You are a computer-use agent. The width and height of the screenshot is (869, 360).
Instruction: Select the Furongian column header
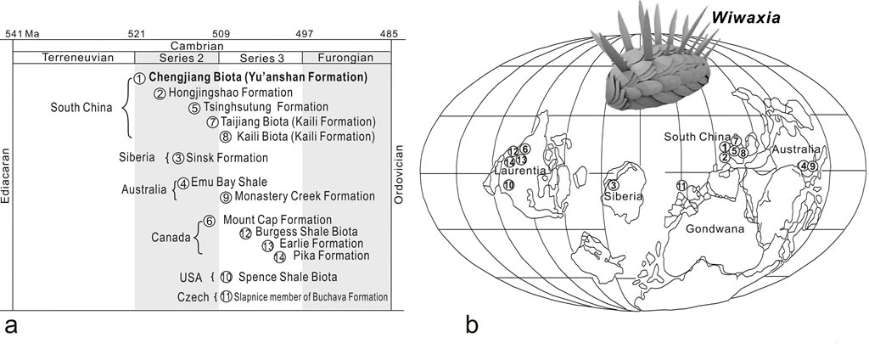(346, 57)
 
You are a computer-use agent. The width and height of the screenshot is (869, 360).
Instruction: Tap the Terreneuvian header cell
(74, 57)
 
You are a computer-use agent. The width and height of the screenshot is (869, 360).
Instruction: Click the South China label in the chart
(82, 108)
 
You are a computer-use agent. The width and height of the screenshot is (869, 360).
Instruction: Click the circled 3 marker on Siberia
(613, 186)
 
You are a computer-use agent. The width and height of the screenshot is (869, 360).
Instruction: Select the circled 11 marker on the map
(681, 186)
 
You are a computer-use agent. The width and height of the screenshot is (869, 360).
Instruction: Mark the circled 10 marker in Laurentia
(508, 185)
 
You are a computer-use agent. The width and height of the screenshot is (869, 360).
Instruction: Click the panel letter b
(471, 323)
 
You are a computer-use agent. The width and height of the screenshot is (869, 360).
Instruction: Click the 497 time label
(304, 33)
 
